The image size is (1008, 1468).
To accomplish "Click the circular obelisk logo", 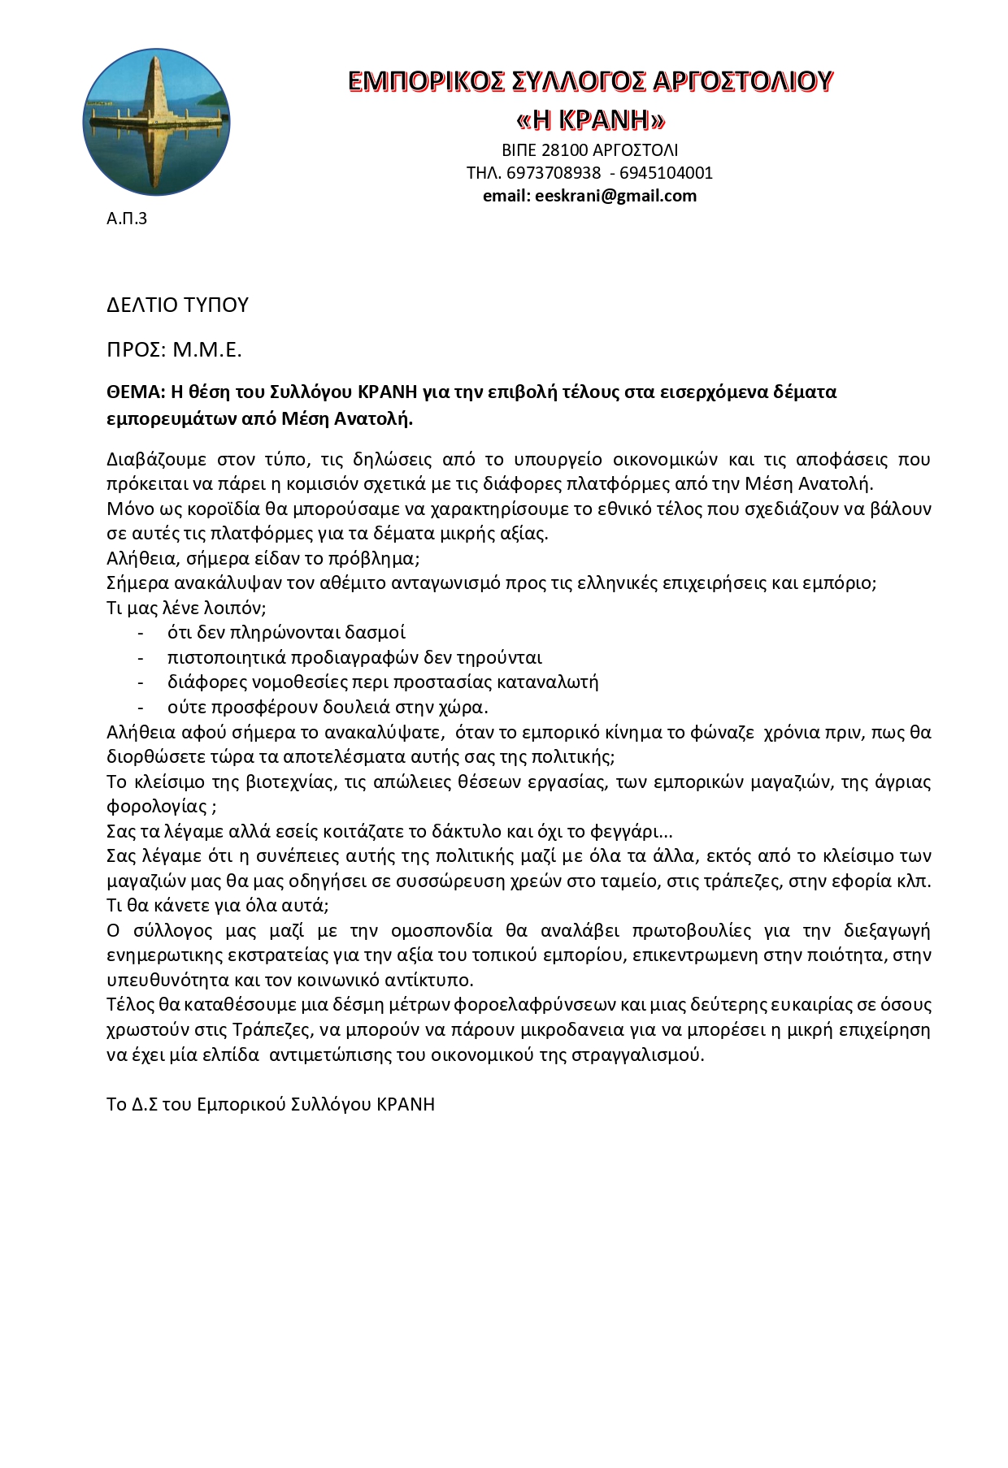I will [x=157, y=121].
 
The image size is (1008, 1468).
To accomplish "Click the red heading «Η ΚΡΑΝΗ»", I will [x=590, y=120].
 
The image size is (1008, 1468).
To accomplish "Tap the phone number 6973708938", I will [x=554, y=173].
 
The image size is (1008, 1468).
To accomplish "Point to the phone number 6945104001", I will [x=666, y=173].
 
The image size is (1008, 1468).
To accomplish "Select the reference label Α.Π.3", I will [x=127, y=219].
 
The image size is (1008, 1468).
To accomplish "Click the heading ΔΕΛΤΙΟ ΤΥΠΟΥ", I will [x=177, y=305].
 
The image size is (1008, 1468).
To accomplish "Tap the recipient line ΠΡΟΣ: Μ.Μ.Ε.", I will [x=174, y=350].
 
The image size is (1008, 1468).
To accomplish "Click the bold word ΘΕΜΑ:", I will [x=136, y=392].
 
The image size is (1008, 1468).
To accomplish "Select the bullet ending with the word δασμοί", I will [x=286, y=633].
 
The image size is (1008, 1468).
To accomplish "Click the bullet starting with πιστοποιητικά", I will [x=354, y=657].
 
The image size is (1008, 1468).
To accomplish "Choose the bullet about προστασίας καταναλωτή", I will [x=383, y=682].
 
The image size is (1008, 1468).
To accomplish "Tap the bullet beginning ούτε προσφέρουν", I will [x=328, y=707].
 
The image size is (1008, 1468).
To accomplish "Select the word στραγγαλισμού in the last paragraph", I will [x=637, y=1055].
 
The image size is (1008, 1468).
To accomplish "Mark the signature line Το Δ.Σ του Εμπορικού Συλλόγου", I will [x=270, y=1105].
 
